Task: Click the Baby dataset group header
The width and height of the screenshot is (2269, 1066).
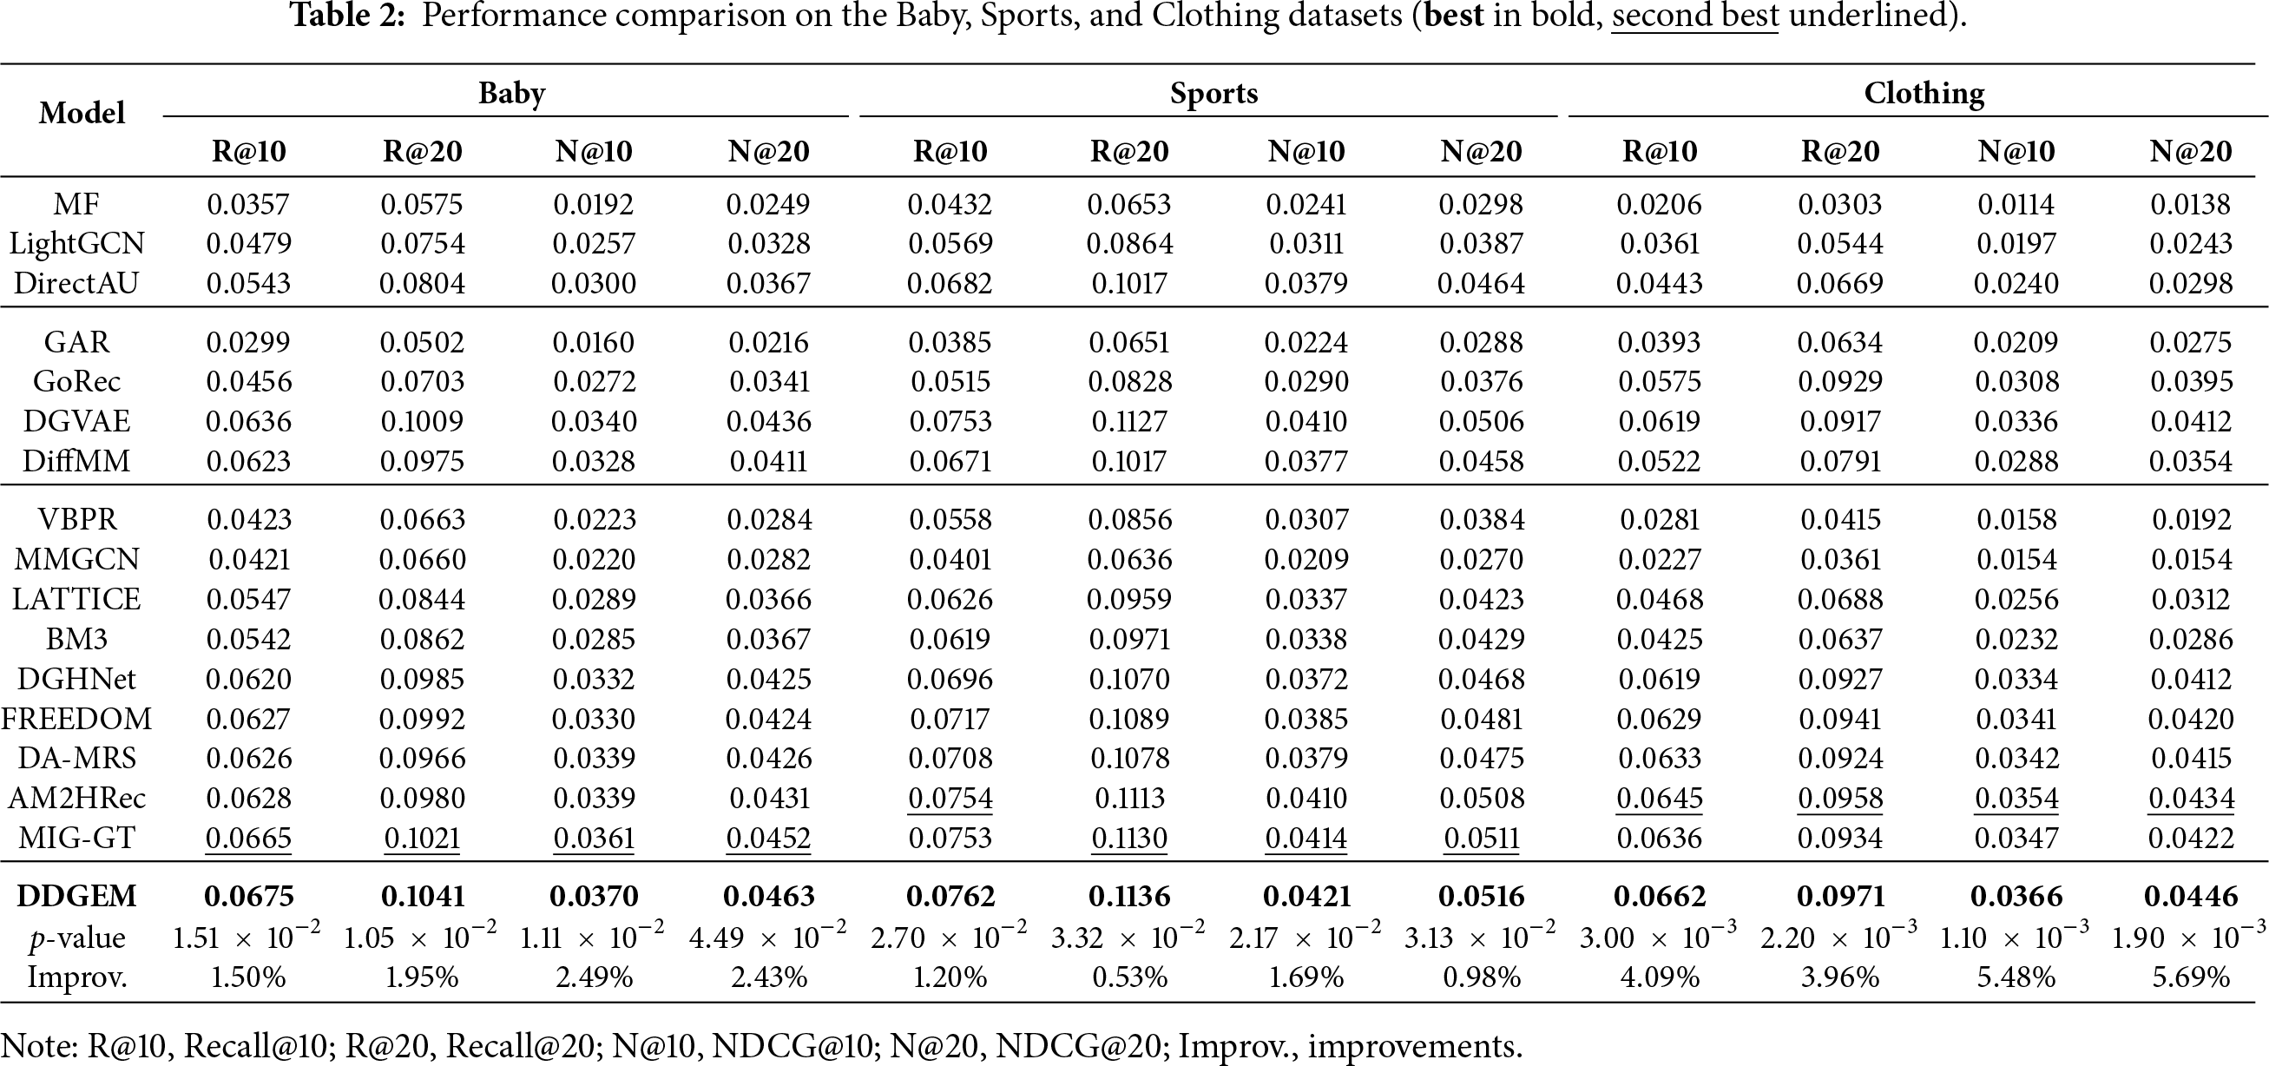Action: (x=512, y=94)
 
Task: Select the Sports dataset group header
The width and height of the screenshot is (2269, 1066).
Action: (x=1213, y=94)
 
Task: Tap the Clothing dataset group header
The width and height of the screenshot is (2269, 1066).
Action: (x=1924, y=94)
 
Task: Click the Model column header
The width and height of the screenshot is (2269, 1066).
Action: (x=82, y=113)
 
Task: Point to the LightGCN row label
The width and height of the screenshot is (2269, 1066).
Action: (x=76, y=243)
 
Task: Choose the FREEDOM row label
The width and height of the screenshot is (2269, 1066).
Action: (x=76, y=719)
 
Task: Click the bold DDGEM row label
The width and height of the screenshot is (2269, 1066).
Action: (x=76, y=896)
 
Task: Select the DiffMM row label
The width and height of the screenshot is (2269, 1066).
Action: (x=76, y=461)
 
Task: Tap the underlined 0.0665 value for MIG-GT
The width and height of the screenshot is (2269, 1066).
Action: (x=248, y=838)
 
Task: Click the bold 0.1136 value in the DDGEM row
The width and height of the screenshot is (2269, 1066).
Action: (x=1129, y=896)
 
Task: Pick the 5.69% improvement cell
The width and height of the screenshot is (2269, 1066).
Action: (x=2192, y=977)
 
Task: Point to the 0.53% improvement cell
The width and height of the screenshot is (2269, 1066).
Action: (x=1129, y=977)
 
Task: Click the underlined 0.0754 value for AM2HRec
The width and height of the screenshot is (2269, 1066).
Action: (x=950, y=798)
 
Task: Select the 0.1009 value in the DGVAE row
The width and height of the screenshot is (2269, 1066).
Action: (x=422, y=421)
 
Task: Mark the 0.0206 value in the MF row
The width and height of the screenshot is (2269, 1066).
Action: (x=1660, y=204)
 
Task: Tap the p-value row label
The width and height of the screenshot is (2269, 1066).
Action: (x=76, y=938)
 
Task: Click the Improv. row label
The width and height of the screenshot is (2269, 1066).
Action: (x=76, y=977)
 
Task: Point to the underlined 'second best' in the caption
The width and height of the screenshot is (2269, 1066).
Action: (x=1694, y=15)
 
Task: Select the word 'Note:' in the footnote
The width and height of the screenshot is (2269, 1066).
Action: (x=39, y=1046)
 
